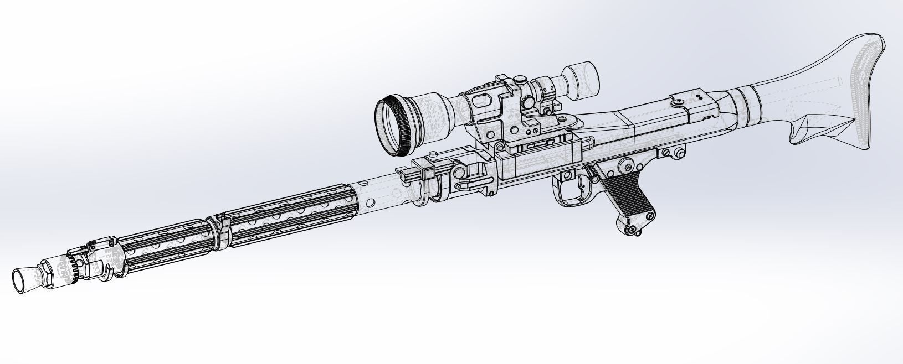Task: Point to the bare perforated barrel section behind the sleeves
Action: [x=382, y=191]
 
